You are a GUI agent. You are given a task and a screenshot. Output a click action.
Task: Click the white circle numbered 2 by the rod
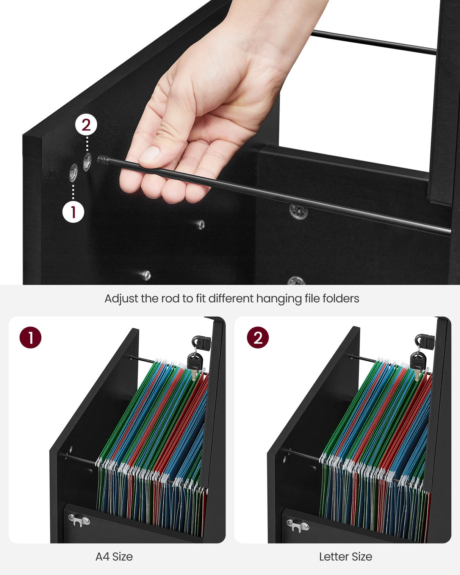(x=86, y=125)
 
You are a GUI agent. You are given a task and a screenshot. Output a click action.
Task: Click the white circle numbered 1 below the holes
(x=73, y=212)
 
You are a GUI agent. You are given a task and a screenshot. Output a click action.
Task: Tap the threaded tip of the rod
(x=103, y=160)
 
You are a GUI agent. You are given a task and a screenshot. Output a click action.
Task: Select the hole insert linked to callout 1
(x=74, y=173)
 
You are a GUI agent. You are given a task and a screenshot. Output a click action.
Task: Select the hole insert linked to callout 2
(x=87, y=162)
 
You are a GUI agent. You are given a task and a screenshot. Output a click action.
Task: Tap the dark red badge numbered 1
(x=30, y=337)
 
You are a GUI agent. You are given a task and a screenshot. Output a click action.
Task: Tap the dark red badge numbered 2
(x=258, y=337)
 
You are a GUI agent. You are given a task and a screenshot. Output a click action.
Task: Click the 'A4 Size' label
(x=114, y=556)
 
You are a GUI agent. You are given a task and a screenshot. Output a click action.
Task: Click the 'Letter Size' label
(x=346, y=556)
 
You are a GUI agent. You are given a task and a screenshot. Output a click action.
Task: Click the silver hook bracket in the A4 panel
(x=78, y=520)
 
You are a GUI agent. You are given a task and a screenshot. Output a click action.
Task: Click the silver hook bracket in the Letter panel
(x=297, y=526)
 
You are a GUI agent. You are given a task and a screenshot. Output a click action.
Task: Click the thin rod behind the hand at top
(x=373, y=42)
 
